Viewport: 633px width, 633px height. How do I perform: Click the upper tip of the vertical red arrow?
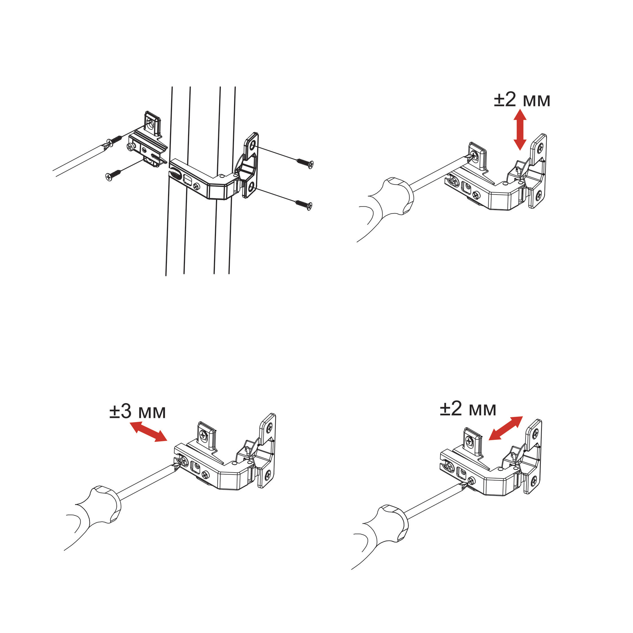tap(520, 109)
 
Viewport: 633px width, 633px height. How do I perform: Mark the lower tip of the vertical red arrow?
tap(520, 150)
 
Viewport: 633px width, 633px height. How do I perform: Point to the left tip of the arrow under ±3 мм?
tap(130, 423)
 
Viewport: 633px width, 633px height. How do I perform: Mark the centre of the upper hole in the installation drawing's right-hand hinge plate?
tap(252, 144)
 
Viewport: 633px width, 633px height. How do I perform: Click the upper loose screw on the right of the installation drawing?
tap(305, 163)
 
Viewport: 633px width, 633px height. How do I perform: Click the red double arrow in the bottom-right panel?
tap(506, 428)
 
